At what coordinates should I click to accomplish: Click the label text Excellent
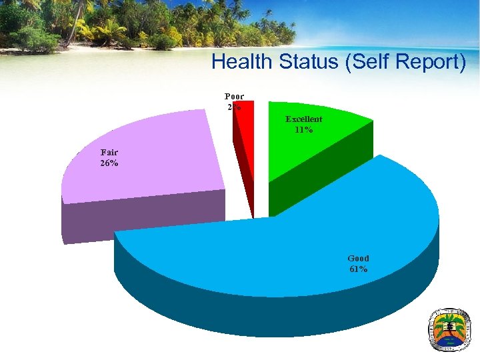tap(304, 119)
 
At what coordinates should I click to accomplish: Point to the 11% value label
tap(303, 130)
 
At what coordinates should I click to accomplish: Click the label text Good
tap(358, 258)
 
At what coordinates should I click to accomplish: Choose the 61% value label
tap(357, 269)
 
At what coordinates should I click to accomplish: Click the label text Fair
tap(109, 152)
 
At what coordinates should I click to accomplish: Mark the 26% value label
tap(109, 163)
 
